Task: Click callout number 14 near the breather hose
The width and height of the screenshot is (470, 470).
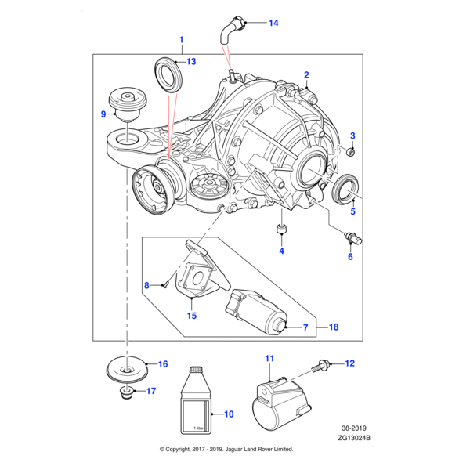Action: click(x=273, y=23)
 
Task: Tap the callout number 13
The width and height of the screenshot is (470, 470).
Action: click(x=191, y=61)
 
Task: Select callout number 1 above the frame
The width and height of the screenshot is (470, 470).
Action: click(x=181, y=39)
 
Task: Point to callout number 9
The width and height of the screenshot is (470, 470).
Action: click(x=103, y=114)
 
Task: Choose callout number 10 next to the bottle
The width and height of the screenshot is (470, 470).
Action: click(x=229, y=414)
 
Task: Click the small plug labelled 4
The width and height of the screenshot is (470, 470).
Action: click(x=281, y=230)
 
